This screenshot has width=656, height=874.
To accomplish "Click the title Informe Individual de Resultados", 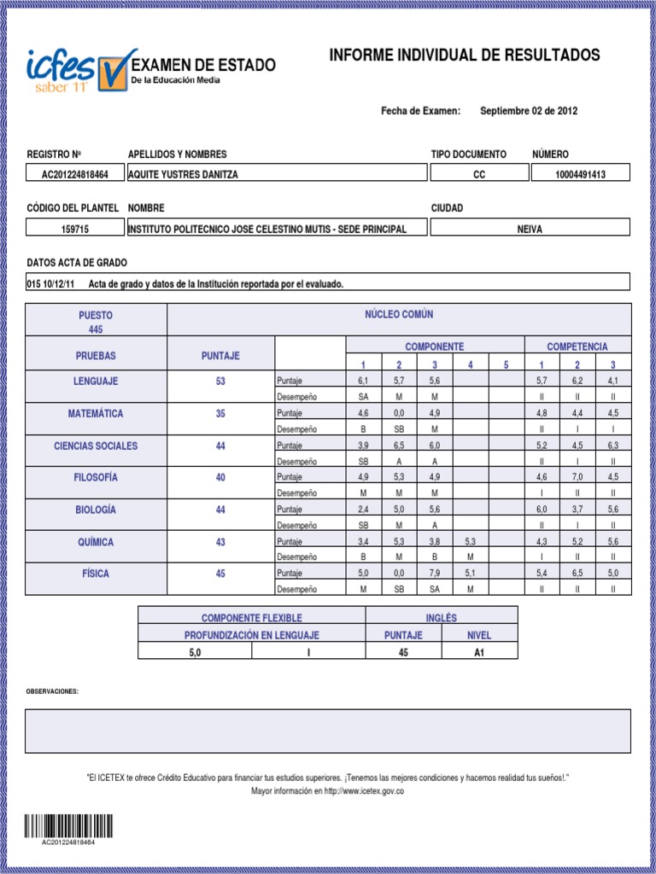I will coord(465,56).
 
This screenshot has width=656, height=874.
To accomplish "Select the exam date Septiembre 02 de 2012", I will coord(529,111).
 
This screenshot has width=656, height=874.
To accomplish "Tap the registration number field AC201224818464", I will coord(75,174).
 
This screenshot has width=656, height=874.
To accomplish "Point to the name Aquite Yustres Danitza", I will coord(184,174).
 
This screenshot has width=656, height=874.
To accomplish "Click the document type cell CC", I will coord(477,174).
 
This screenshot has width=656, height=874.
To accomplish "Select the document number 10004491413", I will coord(580,174).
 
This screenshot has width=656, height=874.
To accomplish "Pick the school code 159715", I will coord(75,229).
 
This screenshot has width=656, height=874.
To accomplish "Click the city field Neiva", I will coord(530,229).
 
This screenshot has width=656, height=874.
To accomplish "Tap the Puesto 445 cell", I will coord(96,322).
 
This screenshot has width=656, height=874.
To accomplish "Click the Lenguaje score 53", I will coord(220,382).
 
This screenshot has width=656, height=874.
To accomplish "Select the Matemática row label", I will coord(96,414).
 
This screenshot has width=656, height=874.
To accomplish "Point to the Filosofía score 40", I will coord(220,478).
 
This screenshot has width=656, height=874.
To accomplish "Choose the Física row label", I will coord(96,574).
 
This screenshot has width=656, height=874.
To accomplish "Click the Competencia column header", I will coord(577,347).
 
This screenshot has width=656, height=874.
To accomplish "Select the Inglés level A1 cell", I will coord(478,652).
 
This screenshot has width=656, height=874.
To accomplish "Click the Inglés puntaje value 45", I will coord(403,652).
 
